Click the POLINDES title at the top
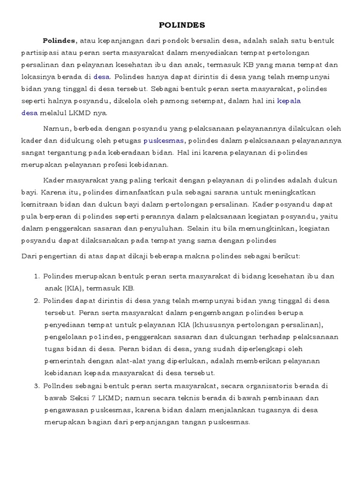[x=180, y=25]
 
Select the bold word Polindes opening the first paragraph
[x=59, y=40]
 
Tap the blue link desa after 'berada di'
[x=102, y=76]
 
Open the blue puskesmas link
[x=164, y=141]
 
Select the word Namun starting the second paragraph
[x=55, y=128]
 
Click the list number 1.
[x=36, y=277]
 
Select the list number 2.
[x=36, y=300]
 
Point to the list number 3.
[x=36, y=385]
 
